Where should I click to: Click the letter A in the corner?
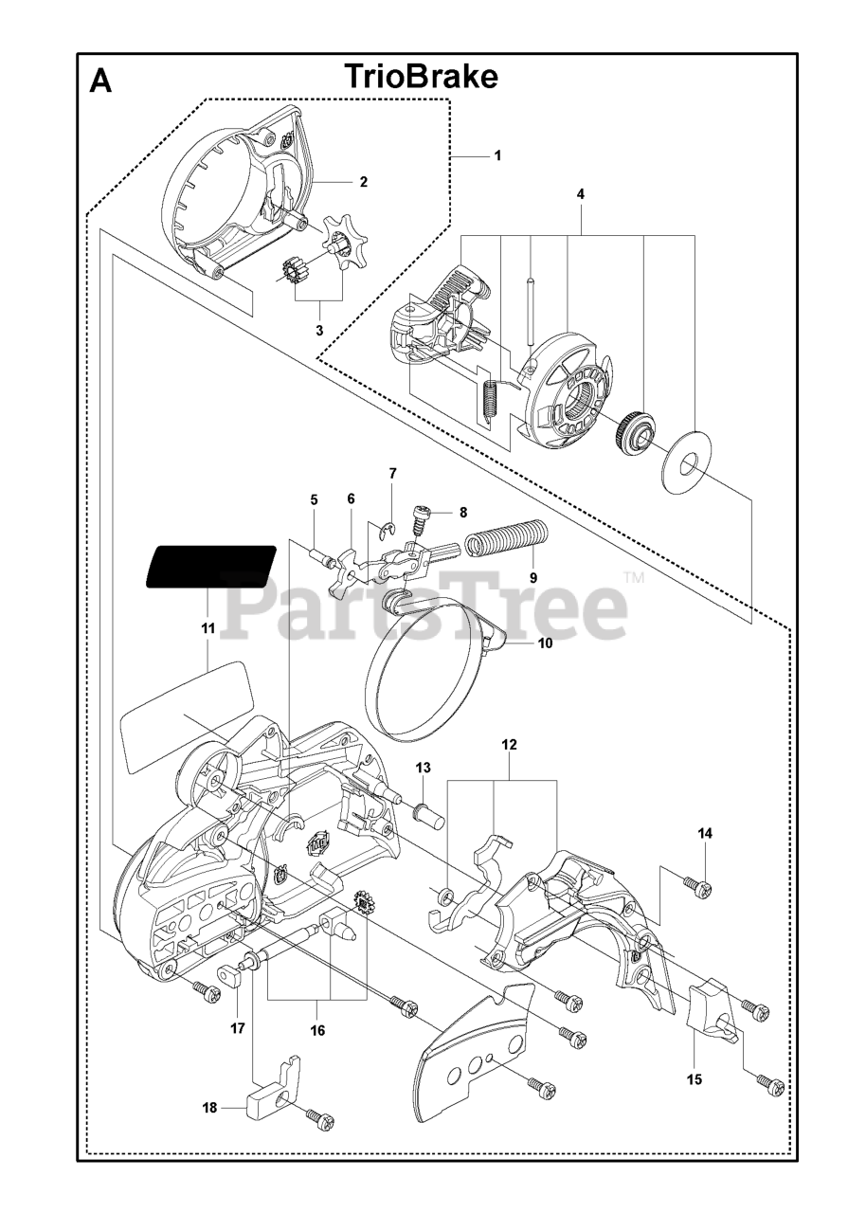100,82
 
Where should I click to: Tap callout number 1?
497,155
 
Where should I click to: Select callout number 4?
580,194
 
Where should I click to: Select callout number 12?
509,745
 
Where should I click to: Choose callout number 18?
208,1106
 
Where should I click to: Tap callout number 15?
695,1078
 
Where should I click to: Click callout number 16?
317,1030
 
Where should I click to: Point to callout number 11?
207,628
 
